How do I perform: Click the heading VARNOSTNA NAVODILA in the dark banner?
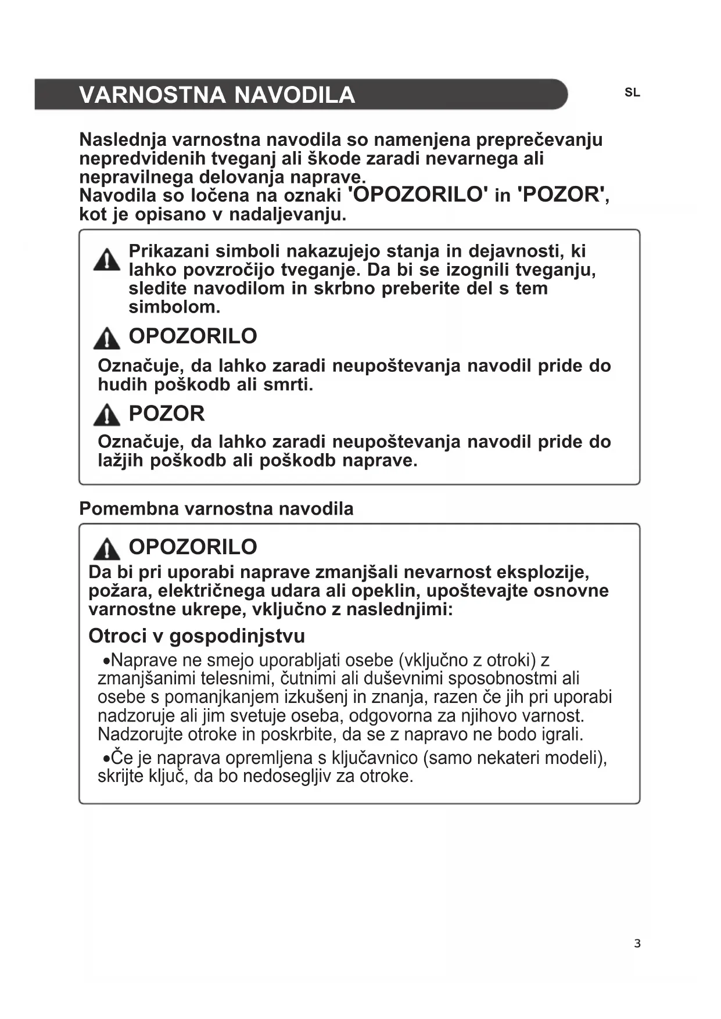coord(217,95)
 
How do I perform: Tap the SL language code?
coord(632,93)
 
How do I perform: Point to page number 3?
coord(637,943)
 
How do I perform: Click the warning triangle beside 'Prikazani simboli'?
coord(106,260)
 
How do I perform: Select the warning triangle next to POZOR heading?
coord(106,415)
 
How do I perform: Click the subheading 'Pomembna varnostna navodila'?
coord(216,509)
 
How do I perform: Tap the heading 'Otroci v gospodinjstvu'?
coord(196,636)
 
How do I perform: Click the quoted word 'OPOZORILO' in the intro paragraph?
coord(418,195)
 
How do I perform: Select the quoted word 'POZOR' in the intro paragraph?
coord(561,195)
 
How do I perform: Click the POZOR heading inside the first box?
coord(167,414)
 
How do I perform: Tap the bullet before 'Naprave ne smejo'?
coord(106,662)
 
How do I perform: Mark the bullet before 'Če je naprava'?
coord(106,759)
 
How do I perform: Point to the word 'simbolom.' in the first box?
coord(174,307)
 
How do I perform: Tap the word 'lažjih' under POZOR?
coord(121,461)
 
